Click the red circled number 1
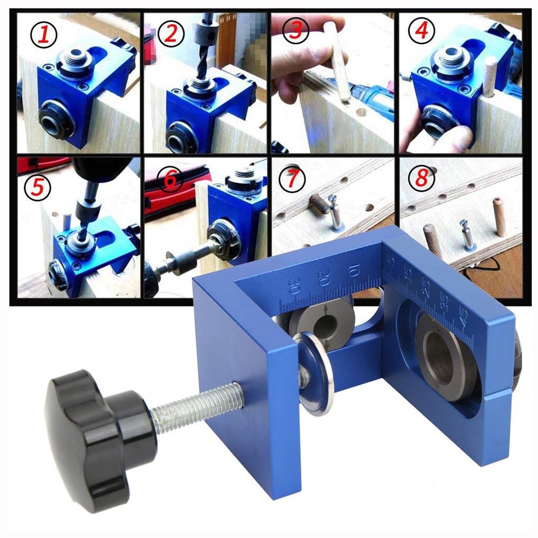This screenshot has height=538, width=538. (43, 35)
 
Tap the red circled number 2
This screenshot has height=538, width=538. (170, 35)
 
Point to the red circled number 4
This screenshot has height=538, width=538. (421, 31)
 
